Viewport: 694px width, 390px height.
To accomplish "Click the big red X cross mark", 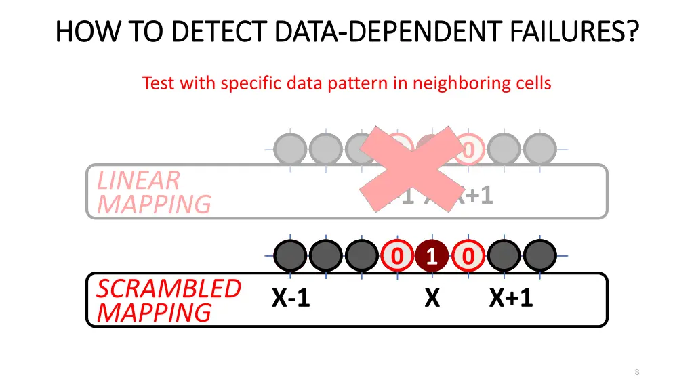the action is click(415, 169).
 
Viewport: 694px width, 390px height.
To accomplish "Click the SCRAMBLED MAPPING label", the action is click(169, 300).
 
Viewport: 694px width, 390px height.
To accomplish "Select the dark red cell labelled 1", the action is click(432, 257).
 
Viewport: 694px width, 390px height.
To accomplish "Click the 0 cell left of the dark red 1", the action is click(397, 257).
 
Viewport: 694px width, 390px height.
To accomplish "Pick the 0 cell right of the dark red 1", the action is click(468, 257).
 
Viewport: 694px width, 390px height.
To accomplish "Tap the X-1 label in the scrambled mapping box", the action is click(291, 297).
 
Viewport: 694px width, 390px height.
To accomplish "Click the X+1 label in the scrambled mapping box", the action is click(511, 297).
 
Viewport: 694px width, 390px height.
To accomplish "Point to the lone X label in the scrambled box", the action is click(432, 297).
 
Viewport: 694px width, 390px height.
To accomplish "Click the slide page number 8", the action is click(637, 372).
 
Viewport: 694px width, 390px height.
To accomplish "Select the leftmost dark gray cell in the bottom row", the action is click(290, 257).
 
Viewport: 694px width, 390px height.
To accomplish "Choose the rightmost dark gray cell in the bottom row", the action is click(539, 257).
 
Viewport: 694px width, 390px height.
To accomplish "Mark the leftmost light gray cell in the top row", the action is click(290, 149).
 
